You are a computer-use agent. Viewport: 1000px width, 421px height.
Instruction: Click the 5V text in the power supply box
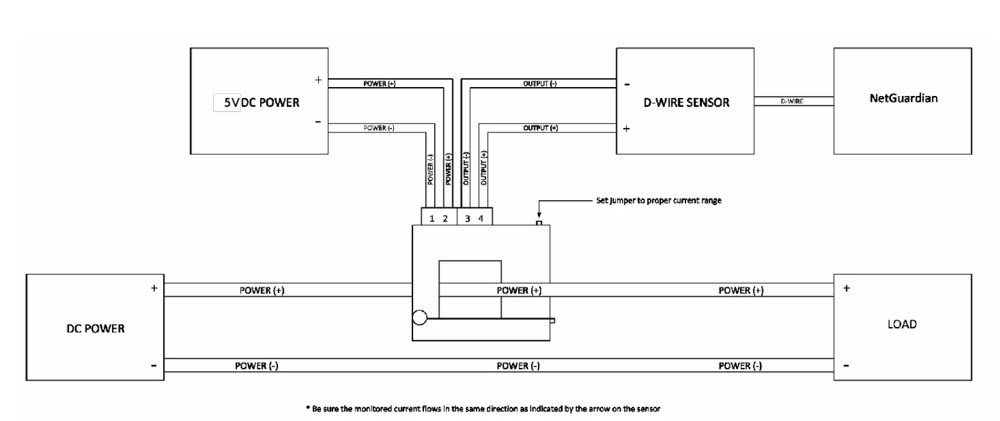[227, 102]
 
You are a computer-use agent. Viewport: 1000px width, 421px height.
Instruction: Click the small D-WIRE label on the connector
[792, 101]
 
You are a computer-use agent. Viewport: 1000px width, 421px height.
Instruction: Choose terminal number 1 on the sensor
[432, 219]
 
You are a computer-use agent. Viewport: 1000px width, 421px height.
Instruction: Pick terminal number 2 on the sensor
[445, 219]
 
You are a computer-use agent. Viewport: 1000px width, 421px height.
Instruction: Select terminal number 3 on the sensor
[468, 219]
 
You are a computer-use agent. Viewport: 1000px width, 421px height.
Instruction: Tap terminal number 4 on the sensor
[480, 219]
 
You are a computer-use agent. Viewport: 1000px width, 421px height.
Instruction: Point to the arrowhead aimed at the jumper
[539, 217]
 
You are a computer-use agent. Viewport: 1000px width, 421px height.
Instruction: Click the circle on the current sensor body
[420, 317]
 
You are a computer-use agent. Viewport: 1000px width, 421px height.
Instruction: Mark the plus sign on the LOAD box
[847, 289]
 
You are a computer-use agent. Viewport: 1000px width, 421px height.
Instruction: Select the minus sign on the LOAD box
[847, 366]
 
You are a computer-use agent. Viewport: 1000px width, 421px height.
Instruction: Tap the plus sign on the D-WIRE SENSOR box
[626, 128]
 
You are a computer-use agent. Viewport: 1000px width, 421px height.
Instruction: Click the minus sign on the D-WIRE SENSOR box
[626, 84]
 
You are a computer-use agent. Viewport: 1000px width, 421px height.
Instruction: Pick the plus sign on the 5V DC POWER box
[318, 81]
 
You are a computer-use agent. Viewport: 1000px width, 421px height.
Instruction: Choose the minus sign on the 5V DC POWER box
[318, 123]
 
